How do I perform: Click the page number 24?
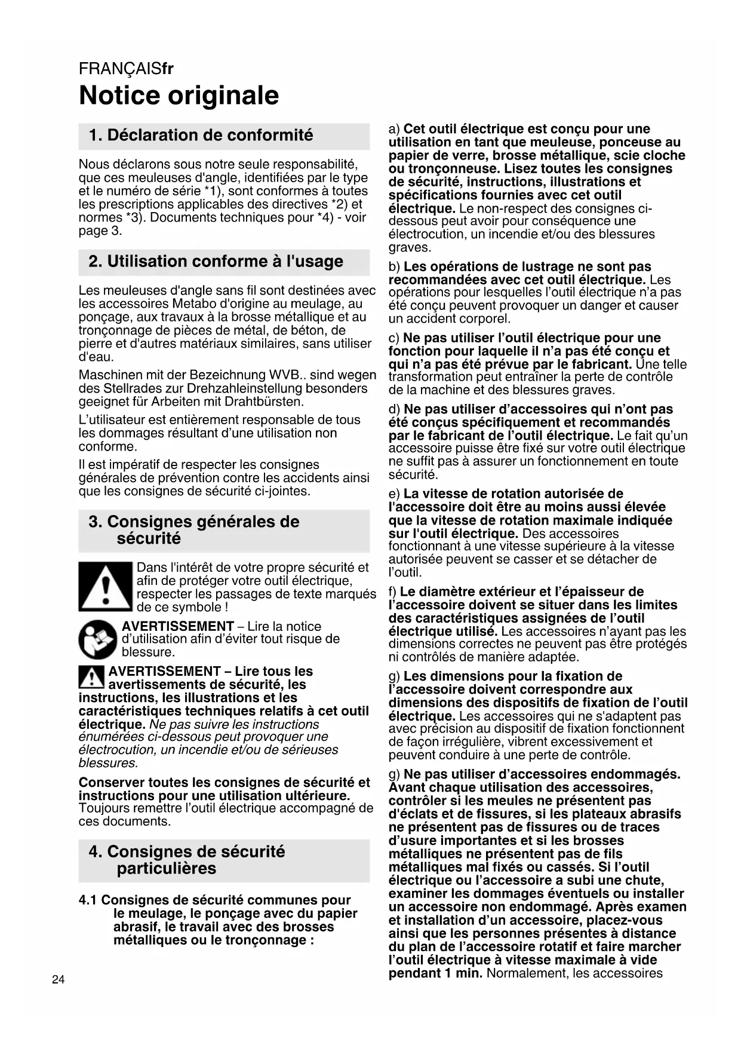[x=58, y=979]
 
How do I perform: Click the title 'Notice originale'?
[x=179, y=96]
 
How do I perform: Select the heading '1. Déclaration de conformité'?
[x=201, y=136]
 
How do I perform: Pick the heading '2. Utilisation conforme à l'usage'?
[x=216, y=262]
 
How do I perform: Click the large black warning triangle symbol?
[x=105, y=586]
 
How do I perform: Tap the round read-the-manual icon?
[x=98, y=639]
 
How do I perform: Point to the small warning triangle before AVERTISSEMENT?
[x=91, y=677]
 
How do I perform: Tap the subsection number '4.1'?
[x=88, y=900]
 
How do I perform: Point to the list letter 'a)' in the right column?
[x=394, y=129]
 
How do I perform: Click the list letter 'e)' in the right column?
[x=394, y=494]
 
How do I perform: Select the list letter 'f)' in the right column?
[x=393, y=592]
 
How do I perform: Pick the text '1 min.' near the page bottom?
[x=463, y=973]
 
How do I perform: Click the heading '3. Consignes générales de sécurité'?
[x=194, y=530]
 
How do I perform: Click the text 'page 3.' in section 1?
[x=100, y=231]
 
